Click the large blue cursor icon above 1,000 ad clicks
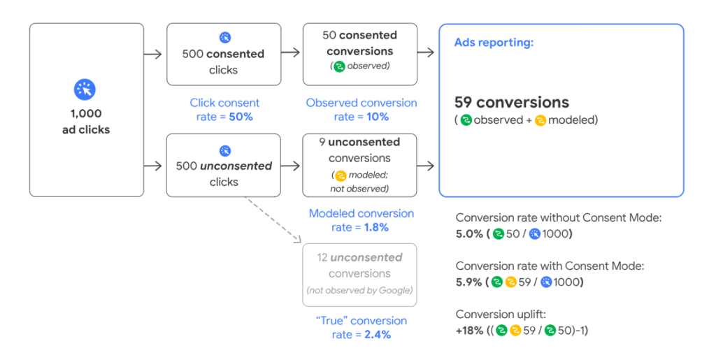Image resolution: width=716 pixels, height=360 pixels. coord(85,89)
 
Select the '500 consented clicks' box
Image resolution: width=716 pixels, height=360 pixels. coord(224,55)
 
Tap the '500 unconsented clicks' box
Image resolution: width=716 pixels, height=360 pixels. coord(224,165)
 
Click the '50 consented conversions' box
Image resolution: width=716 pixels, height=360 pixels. coord(360,55)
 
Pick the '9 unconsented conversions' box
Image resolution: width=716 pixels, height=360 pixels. coord(360,165)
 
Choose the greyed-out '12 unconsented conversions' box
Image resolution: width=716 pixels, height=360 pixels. coord(360,275)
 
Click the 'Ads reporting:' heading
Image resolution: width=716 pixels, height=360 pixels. coord(494,43)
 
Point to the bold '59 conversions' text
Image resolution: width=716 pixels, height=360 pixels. coord(512,102)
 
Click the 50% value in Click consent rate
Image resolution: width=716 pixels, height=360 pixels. coord(241,117)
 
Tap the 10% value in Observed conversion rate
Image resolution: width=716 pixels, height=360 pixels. coord(378,117)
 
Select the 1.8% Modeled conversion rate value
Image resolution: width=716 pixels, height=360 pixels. coord(376,227)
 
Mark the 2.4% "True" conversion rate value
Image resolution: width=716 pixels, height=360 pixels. coord(378,334)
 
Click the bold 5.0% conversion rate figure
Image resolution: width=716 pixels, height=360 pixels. coord(469,234)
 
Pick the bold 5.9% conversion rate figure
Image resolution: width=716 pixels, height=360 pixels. coord(469,282)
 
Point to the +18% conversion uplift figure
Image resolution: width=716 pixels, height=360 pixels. coord(469,331)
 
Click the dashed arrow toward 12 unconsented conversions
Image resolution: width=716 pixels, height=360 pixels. coord(273,219)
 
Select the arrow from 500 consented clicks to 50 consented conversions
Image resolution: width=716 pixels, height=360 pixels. coord(290,52)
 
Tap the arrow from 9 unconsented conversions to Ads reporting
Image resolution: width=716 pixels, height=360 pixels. coord(426,165)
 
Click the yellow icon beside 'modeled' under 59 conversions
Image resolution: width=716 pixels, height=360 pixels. coord(540,120)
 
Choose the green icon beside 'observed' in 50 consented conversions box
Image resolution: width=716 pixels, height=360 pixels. coord(339,66)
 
